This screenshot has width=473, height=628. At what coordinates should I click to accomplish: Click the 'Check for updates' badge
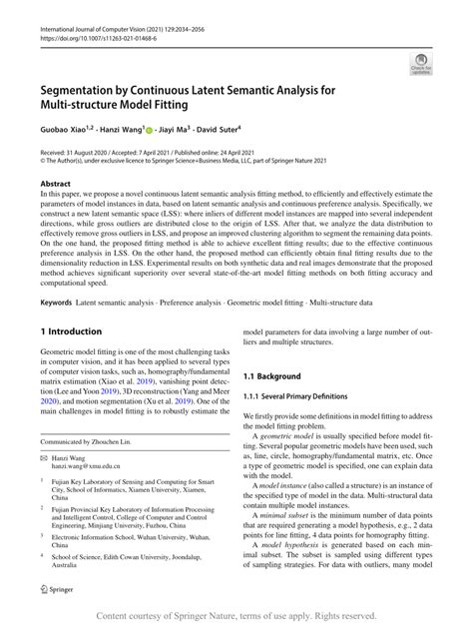click(420, 66)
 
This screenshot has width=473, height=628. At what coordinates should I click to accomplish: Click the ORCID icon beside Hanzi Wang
click(148, 129)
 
